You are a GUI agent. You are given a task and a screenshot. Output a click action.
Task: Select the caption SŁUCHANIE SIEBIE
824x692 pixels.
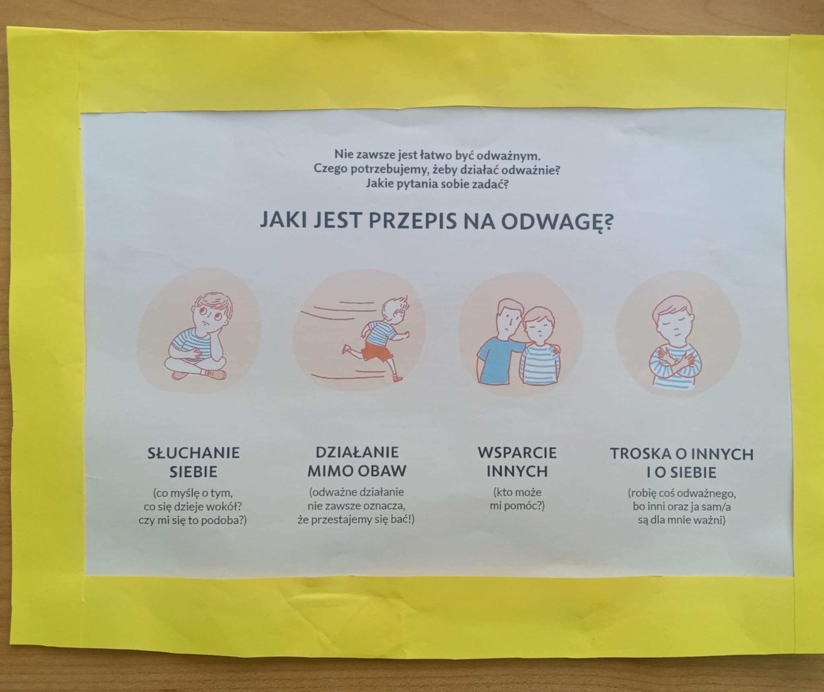194,462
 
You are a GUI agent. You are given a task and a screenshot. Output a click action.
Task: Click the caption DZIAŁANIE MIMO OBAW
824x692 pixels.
357,461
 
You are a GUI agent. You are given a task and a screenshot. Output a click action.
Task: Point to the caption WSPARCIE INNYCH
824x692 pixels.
517,462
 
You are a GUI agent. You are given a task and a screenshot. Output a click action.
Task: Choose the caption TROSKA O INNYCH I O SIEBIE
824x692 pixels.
682,463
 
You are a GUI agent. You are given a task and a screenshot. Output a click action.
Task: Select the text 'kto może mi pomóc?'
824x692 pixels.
517,498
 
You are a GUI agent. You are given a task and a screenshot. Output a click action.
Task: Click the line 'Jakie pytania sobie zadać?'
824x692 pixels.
437,184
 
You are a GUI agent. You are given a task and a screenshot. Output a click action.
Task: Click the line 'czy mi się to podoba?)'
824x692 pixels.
193,520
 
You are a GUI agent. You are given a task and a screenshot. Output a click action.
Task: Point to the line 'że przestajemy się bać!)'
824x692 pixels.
356,520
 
